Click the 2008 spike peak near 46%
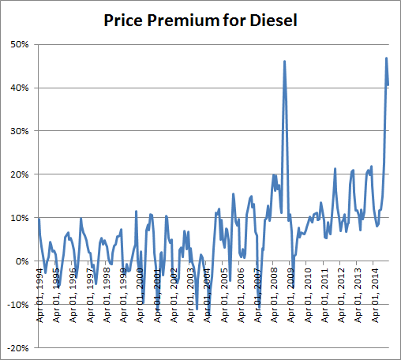pos(284,61)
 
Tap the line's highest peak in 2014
pos(386,58)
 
